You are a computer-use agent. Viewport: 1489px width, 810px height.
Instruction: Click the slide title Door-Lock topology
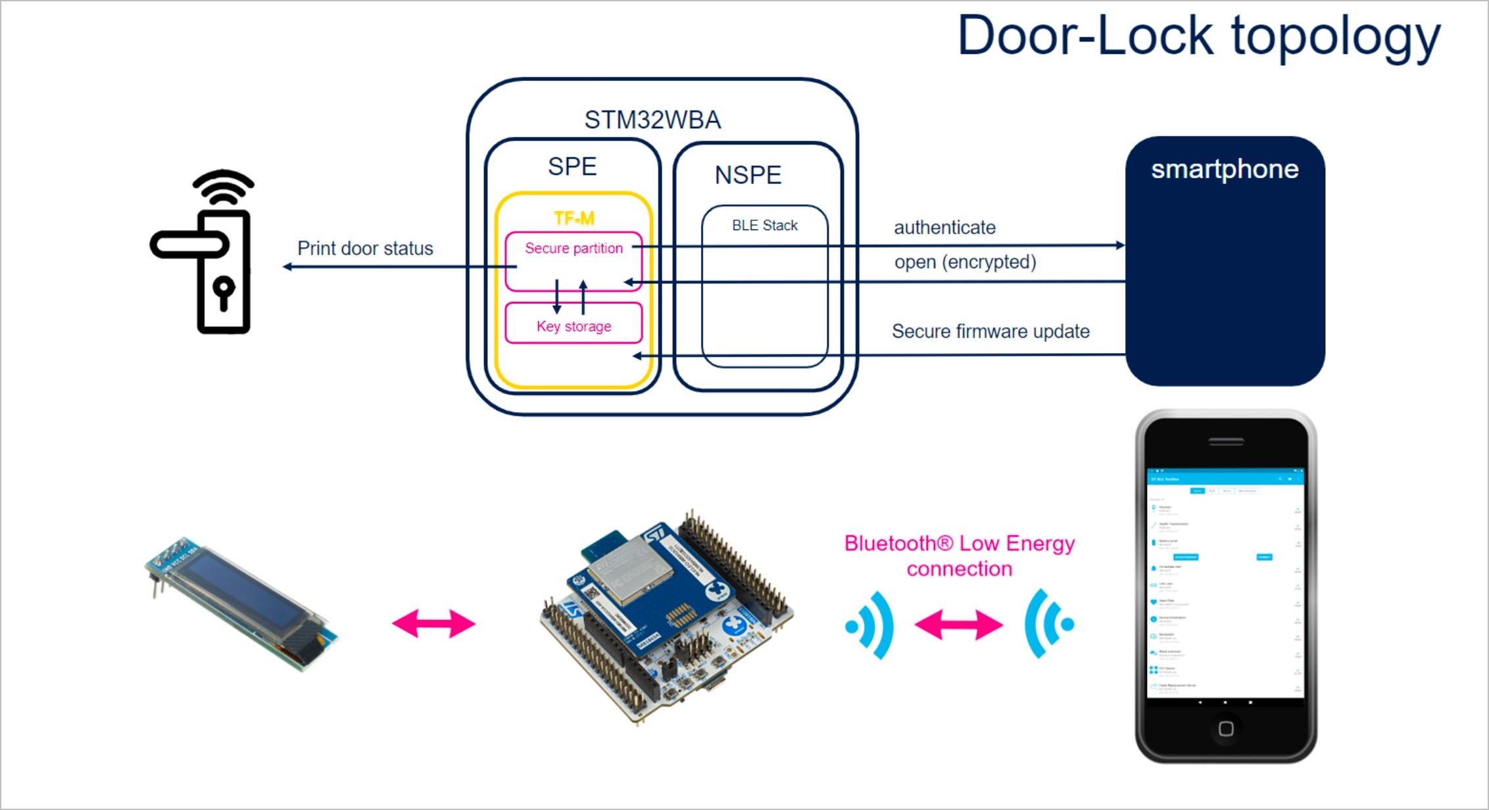[x=1198, y=37]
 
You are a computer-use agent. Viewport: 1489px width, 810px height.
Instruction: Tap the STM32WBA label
[x=652, y=120]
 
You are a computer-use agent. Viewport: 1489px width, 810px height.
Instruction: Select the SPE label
[x=572, y=166]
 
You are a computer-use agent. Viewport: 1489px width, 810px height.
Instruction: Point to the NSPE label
[x=748, y=175]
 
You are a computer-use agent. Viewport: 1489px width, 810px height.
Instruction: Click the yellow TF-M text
[x=574, y=218]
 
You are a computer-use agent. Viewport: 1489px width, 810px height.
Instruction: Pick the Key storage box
[x=574, y=326]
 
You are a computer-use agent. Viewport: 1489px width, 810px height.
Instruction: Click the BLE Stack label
[x=764, y=226]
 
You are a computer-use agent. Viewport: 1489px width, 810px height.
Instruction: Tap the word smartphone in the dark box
[x=1225, y=170]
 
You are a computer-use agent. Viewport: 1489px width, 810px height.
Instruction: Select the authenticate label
[x=944, y=227]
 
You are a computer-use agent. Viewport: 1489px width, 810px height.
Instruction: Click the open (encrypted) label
[x=965, y=262]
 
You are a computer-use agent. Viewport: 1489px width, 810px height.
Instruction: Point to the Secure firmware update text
[x=990, y=331]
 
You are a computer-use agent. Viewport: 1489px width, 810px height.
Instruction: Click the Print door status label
[x=365, y=249]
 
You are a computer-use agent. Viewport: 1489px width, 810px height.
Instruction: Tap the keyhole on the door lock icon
[x=224, y=292]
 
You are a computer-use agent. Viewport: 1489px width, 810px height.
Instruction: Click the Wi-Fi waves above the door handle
[x=224, y=187]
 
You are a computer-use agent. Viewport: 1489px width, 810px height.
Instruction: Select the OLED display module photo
[x=240, y=602]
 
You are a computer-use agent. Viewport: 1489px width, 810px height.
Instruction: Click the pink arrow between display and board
[x=433, y=623]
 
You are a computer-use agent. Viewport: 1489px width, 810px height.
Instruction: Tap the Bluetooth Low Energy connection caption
[x=960, y=556]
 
